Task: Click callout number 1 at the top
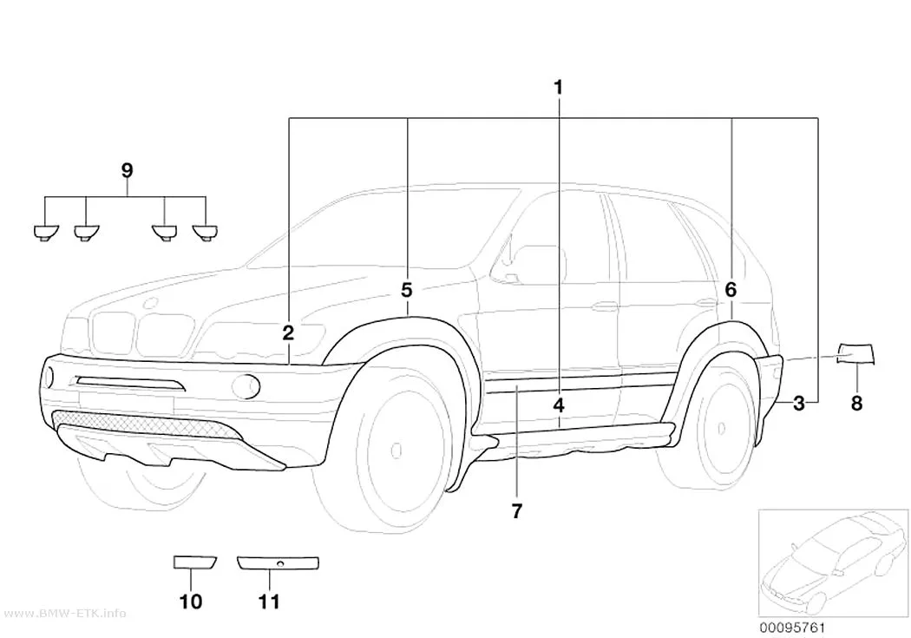[558, 88]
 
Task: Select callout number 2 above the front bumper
[288, 333]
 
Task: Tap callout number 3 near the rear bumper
[799, 403]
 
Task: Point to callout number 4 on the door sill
[559, 405]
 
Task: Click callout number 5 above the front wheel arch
[407, 289]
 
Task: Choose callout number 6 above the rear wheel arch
[731, 289]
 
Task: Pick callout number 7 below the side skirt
[516, 511]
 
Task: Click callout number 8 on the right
[856, 403]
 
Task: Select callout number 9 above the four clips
[128, 171]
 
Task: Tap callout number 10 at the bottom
[191, 602]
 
